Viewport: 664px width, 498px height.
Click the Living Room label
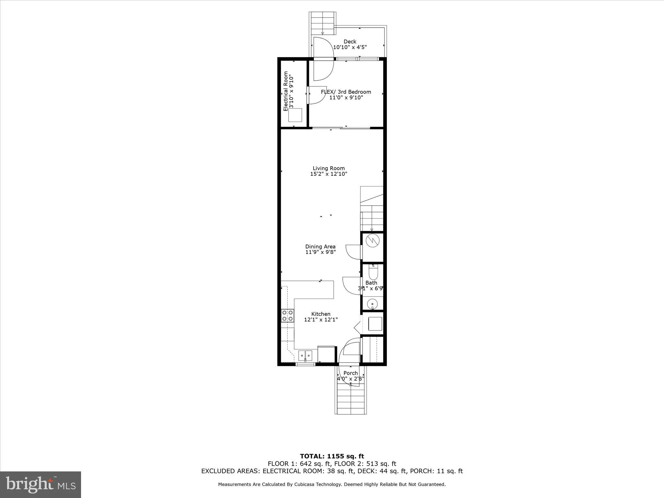point(328,168)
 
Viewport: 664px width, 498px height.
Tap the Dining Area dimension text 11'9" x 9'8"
point(320,252)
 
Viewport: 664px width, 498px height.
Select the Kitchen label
point(321,314)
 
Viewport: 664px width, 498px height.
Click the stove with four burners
point(288,315)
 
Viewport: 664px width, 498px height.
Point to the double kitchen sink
point(305,356)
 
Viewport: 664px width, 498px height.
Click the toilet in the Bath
point(373,272)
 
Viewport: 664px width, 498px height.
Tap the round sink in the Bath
point(372,304)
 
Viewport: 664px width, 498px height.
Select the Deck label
point(350,41)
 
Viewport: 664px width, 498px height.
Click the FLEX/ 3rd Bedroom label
point(346,92)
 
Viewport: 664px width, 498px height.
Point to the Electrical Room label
point(286,91)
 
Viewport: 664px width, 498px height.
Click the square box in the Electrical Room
point(295,115)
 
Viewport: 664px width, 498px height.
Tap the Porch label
point(350,373)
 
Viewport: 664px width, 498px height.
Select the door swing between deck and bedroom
point(324,59)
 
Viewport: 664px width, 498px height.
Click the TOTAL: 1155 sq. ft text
point(332,456)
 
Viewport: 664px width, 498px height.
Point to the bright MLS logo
point(41,484)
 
